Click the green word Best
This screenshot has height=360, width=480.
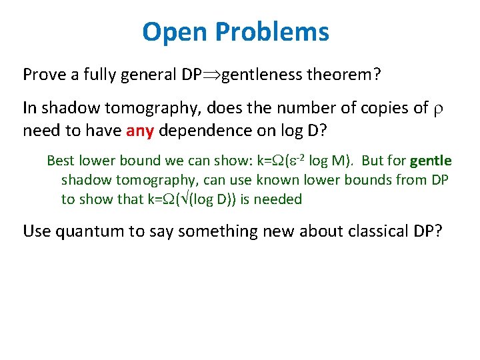coord(61,161)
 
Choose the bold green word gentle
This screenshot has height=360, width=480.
coord(431,161)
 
